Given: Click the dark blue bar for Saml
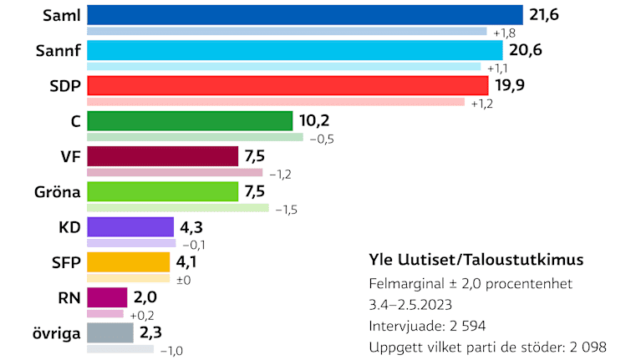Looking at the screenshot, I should (x=304, y=15).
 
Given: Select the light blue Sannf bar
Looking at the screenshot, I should (x=294, y=50).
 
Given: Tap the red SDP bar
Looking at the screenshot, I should (x=287, y=85).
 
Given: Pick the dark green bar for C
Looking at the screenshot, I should (x=190, y=121).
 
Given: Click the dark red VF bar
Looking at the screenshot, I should (x=163, y=156).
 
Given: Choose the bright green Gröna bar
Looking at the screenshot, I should (x=163, y=191).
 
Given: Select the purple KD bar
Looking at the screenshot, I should (x=130, y=227).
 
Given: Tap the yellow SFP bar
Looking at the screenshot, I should (x=129, y=262).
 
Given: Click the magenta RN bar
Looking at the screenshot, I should (x=108, y=297).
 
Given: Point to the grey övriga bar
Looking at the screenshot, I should (x=110, y=332).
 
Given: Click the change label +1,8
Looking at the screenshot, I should (x=504, y=33).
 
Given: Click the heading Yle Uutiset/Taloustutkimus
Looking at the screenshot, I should (x=476, y=259).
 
